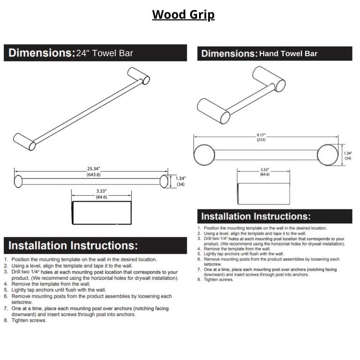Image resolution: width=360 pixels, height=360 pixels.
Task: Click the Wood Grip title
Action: [183, 15]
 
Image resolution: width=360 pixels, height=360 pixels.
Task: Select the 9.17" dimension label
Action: [261, 135]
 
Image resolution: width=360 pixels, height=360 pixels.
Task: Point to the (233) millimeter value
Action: [261, 140]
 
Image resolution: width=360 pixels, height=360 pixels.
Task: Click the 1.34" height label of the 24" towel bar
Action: [181, 179]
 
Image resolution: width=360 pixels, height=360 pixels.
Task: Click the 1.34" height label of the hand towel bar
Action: [347, 153]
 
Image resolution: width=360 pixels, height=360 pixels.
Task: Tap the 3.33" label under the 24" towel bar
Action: [101, 191]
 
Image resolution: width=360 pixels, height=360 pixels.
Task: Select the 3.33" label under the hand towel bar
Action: [265, 170]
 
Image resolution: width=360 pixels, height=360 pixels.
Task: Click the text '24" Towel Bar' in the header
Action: [104, 53]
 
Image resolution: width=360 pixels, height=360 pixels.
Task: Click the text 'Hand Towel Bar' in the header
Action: [288, 54]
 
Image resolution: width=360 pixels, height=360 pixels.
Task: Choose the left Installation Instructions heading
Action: [73, 246]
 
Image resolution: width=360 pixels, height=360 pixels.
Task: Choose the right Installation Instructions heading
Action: [256, 216]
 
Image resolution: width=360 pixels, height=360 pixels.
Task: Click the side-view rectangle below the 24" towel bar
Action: [102, 213]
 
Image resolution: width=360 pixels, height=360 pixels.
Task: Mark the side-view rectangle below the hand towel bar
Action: [264, 194]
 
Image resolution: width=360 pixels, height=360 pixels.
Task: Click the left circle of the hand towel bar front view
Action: [204, 155]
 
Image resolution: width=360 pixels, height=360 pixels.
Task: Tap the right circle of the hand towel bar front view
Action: [328, 155]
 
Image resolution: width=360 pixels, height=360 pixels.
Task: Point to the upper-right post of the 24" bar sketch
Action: [138, 75]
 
